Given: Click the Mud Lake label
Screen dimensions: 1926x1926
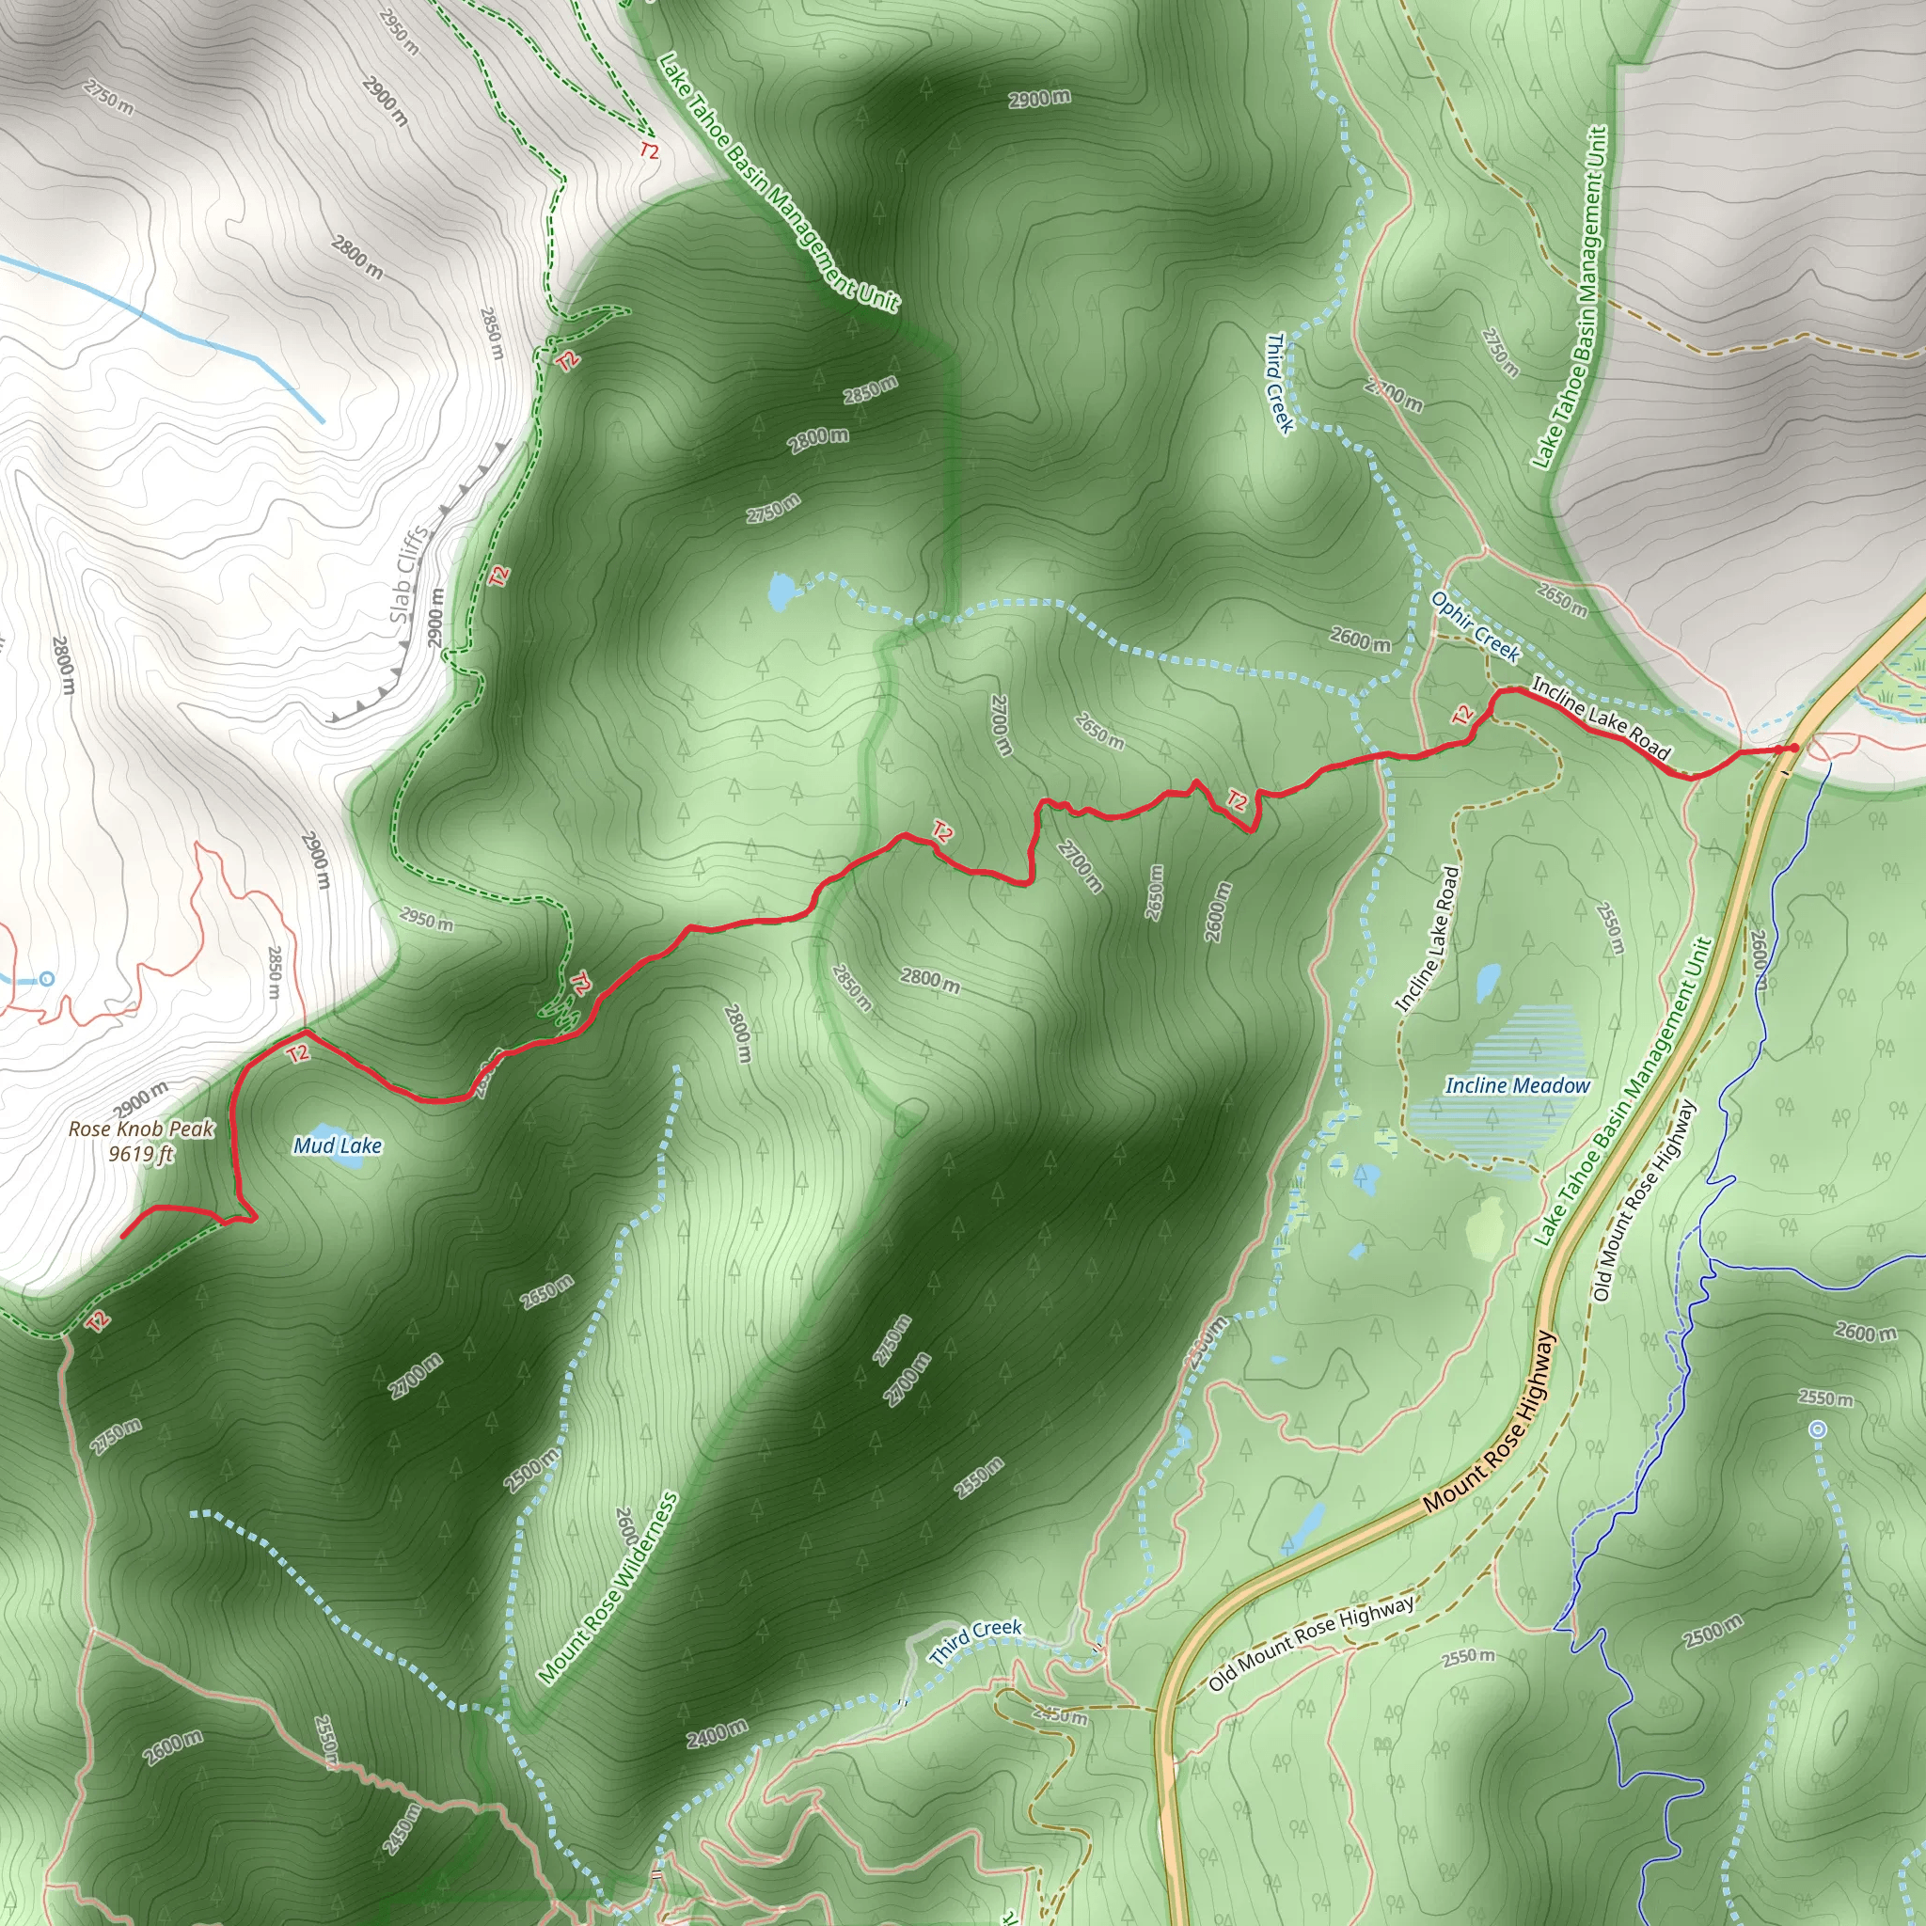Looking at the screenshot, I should point(337,1146).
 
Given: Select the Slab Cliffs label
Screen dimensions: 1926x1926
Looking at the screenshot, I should point(410,575).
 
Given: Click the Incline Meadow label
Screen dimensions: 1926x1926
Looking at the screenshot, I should point(1517,1085).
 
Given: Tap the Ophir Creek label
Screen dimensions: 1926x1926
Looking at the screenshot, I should point(1475,626).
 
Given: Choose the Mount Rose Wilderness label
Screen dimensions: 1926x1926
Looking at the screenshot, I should point(608,1589).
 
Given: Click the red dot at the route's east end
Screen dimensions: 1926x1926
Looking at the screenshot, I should point(1793,748).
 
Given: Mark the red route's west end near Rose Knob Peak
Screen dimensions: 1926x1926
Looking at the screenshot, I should point(122,1236).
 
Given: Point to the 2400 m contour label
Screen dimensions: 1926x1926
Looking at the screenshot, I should point(716,1733).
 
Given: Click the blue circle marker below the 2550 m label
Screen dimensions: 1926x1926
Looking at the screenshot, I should point(1817,1429).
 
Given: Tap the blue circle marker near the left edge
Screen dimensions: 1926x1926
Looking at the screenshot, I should point(47,979).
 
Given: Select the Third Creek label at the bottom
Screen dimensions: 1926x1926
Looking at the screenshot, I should point(975,1642).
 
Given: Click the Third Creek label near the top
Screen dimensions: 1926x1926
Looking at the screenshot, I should point(1279,384).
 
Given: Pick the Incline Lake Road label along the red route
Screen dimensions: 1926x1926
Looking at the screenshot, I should point(1600,718).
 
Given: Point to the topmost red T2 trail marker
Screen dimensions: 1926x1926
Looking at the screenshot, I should point(649,151).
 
